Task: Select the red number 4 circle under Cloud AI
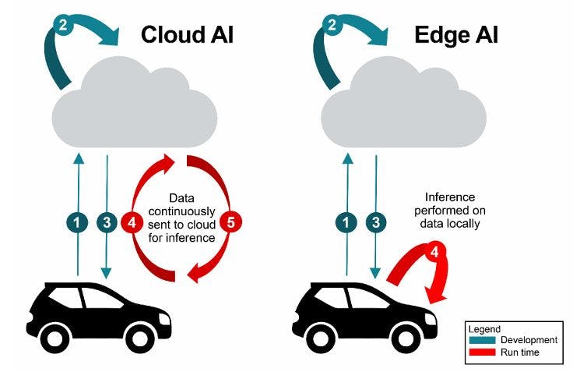click(x=132, y=222)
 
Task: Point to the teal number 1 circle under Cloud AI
click(x=76, y=222)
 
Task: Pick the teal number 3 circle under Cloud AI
click(x=107, y=222)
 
